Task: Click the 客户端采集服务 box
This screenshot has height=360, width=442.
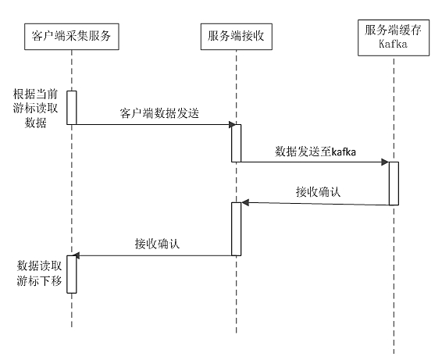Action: tap(71, 35)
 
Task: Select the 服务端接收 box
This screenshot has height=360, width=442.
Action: tap(235, 35)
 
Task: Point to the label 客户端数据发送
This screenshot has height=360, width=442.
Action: tap(160, 113)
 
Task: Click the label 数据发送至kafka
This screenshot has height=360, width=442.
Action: tap(315, 151)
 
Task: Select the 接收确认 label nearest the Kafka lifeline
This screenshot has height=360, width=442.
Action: tap(318, 191)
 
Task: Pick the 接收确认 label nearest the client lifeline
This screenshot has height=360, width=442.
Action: tap(158, 244)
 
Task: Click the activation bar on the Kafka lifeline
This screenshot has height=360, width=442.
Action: tap(394, 183)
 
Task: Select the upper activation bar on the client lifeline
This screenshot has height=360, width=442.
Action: tap(71, 107)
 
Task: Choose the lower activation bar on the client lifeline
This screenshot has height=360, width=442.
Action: tap(71, 273)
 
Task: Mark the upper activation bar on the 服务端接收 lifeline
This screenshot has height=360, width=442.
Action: tap(235, 143)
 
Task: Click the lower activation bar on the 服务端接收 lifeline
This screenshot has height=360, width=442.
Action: tap(235, 228)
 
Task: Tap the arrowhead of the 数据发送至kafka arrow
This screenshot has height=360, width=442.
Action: tap(385, 162)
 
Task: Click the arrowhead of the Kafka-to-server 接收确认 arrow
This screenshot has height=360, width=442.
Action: tap(245, 203)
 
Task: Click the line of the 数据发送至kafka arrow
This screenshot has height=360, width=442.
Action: tap(312, 162)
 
